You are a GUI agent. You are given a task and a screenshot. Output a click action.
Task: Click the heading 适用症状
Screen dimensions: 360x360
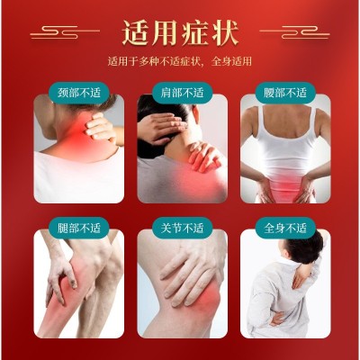coord(180,32)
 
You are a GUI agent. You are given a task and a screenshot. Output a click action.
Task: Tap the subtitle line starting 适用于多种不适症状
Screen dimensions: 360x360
coord(180,61)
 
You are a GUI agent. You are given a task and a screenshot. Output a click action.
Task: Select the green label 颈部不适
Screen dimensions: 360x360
coord(79,93)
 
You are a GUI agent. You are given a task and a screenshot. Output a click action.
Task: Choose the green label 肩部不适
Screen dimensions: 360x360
coord(182,93)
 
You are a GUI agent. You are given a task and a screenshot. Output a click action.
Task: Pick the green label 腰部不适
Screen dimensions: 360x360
coord(285,93)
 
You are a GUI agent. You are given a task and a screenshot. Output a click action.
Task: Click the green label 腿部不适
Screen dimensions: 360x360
coord(79,228)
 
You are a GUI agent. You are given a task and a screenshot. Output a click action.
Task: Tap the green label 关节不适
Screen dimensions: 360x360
coord(182,228)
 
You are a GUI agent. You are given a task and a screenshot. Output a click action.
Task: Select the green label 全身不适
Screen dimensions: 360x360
coord(285,228)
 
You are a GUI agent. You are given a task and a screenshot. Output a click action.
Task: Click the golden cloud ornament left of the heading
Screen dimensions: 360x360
coord(65,31)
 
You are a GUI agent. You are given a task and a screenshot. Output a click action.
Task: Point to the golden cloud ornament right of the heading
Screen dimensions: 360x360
coord(294,31)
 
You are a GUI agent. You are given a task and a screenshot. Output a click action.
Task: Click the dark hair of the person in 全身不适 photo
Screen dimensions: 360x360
coord(304,250)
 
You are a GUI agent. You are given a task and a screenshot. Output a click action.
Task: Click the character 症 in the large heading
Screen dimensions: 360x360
coord(195,32)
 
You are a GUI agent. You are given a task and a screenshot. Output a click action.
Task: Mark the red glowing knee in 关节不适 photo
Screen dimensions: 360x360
coord(207,297)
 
